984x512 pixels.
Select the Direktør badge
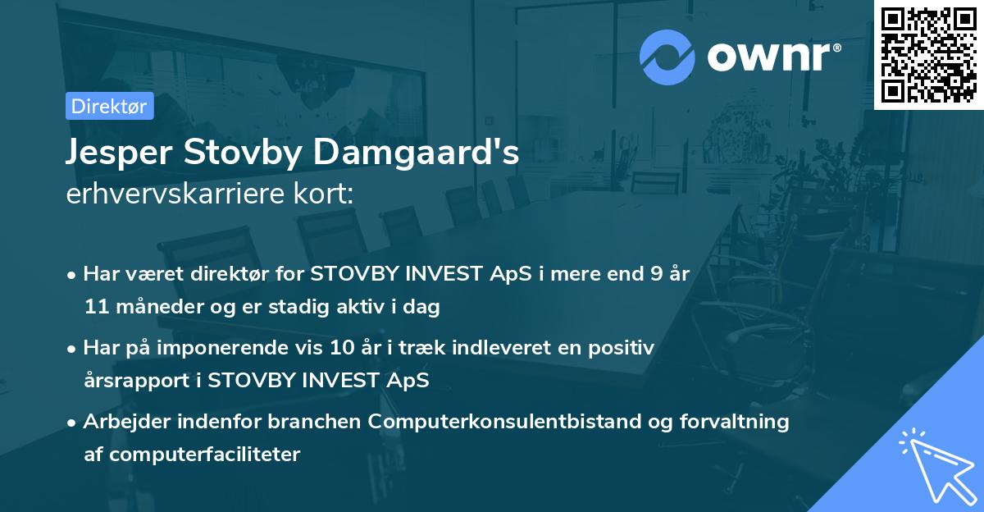109,107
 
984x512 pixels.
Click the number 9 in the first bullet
656,275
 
